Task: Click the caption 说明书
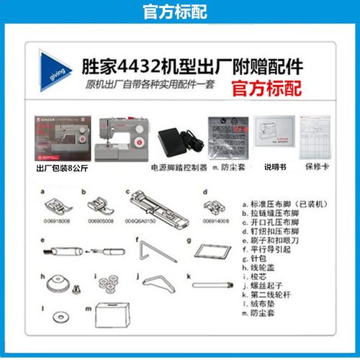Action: point(274,167)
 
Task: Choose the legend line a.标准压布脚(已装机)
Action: point(282,205)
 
